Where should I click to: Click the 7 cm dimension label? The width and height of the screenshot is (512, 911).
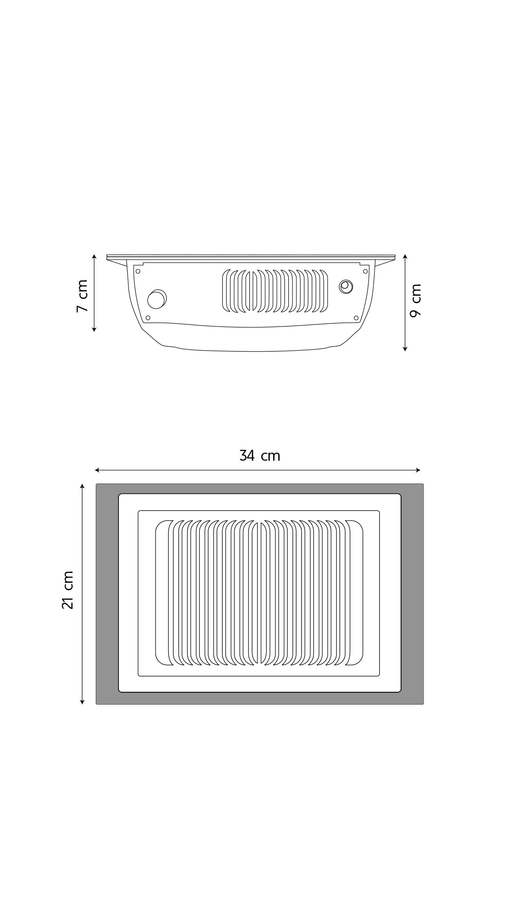pyautogui.click(x=82, y=296)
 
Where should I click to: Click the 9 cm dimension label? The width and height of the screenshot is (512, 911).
pyautogui.click(x=416, y=300)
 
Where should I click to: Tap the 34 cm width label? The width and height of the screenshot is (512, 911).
pyautogui.click(x=260, y=456)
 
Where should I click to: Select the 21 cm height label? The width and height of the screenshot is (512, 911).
pyautogui.click(x=68, y=590)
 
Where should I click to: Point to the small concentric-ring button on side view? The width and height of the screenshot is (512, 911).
pyautogui.click(x=346, y=287)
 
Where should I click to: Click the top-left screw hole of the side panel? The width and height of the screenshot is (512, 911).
pyautogui.click(x=138, y=271)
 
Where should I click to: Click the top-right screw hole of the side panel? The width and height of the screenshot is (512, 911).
pyautogui.click(x=365, y=271)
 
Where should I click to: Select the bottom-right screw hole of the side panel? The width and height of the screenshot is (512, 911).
pyautogui.click(x=356, y=318)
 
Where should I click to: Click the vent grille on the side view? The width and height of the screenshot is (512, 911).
pyautogui.click(x=275, y=291)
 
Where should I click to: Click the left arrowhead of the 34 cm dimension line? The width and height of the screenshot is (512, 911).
pyautogui.click(x=96, y=470)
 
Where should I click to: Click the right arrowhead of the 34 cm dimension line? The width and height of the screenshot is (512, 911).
pyautogui.click(x=419, y=470)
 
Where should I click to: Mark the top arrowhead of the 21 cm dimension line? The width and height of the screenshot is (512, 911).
pyautogui.click(x=82, y=486)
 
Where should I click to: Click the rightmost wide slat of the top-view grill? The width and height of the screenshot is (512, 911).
pyautogui.click(x=355, y=593)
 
